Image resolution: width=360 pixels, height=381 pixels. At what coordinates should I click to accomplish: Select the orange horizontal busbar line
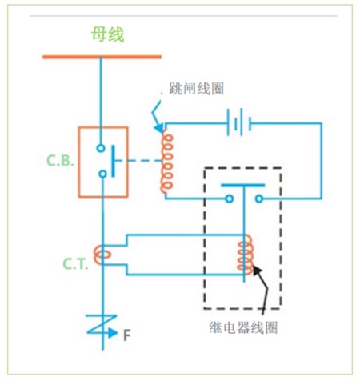pyautogui.click(x=101, y=57)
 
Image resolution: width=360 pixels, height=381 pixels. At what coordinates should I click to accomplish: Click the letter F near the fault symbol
pyautogui.click(x=126, y=330)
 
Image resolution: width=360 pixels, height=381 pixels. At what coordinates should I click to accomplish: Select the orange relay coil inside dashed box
pyautogui.click(x=243, y=255)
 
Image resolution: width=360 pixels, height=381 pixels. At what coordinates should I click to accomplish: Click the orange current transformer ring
pyautogui.click(x=101, y=255)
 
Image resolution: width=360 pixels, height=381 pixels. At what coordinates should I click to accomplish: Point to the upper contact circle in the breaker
pyautogui.click(x=101, y=147)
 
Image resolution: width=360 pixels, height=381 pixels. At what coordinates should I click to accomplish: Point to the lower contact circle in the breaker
pyautogui.click(x=101, y=174)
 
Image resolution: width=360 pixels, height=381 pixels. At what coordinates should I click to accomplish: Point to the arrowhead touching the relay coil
pyautogui.click(x=257, y=271)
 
